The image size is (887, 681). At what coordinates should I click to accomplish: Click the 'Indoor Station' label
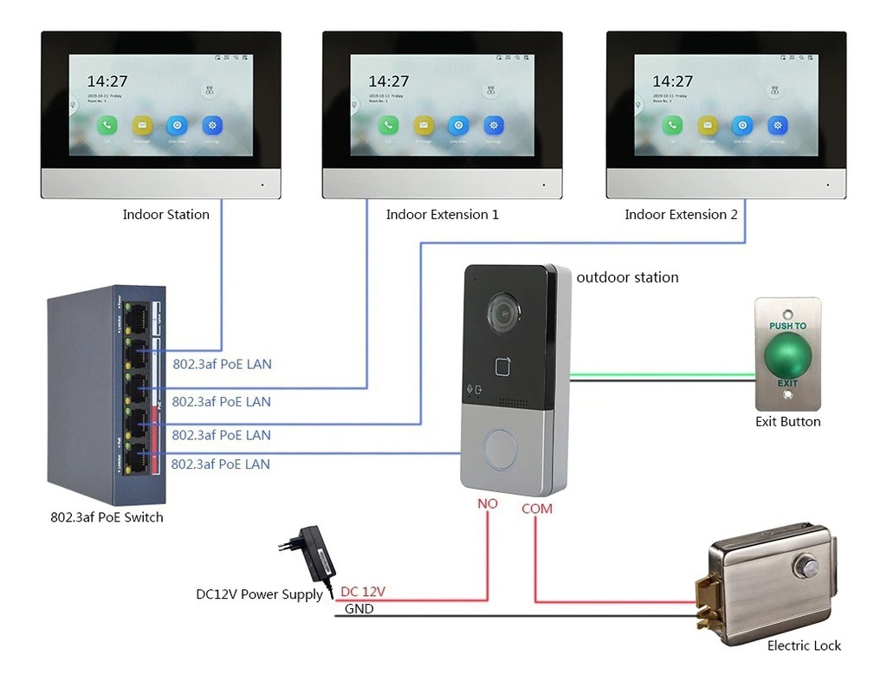[165, 215]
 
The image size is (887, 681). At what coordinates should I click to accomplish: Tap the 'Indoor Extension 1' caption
[442, 215]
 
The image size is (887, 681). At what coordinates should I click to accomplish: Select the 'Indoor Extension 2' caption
[681, 215]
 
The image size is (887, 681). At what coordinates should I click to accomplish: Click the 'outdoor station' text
[627, 277]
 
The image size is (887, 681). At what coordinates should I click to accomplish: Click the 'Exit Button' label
[787, 422]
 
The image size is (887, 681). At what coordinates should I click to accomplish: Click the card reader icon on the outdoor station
[506, 366]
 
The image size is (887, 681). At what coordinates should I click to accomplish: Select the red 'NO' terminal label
[488, 503]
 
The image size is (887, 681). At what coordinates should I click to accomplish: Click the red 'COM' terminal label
[536, 509]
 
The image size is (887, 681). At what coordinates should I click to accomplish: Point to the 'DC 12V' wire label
[363, 592]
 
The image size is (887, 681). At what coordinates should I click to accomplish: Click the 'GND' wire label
[359, 609]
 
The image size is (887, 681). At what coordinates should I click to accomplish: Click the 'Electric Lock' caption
[804, 645]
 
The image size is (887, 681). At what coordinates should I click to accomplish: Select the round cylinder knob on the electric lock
[808, 567]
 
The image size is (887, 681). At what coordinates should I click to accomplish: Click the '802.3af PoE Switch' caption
[107, 517]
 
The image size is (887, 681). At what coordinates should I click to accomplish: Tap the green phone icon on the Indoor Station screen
[107, 126]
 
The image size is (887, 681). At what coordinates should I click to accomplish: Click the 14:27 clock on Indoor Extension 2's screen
[672, 81]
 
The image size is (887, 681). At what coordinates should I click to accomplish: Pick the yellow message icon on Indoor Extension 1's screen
[423, 126]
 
